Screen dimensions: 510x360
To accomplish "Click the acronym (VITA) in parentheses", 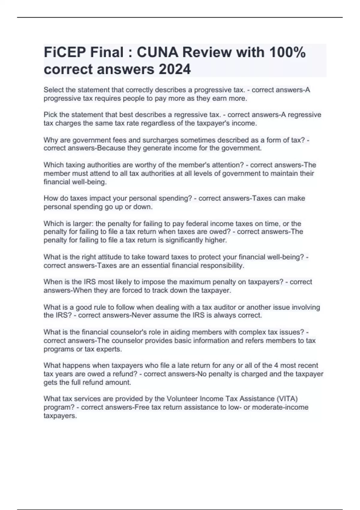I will pos(287,399).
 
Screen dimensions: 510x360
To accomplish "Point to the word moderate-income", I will pos(280,407).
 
